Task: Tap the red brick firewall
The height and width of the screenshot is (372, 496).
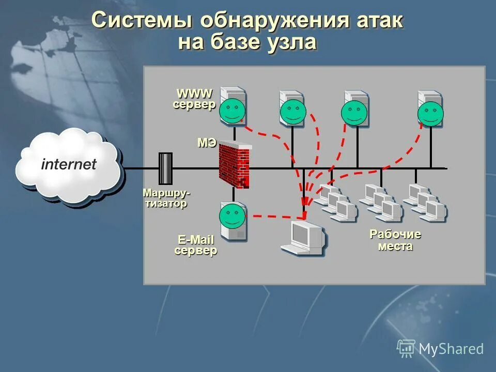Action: pyautogui.click(x=234, y=164)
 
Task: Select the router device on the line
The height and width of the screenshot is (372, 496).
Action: pyautogui.click(x=165, y=168)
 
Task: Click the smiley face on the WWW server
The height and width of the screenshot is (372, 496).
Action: pyautogui.click(x=232, y=110)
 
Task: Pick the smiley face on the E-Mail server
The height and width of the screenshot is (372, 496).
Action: pyautogui.click(x=232, y=216)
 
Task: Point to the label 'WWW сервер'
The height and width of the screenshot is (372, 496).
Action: pyautogui.click(x=194, y=99)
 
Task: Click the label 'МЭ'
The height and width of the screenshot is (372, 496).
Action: pyautogui.click(x=207, y=143)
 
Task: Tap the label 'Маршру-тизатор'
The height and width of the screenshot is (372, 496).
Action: pyautogui.click(x=166, y=198)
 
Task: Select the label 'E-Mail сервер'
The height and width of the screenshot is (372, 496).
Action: pyautogui.click(x=196, y=245)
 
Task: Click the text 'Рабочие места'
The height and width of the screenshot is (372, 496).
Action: pyautogui.click(x=395, y=240)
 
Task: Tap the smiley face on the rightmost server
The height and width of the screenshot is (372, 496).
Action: pyautogui.click(x=430, y=114)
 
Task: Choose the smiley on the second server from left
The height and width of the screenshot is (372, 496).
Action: pyautogui.click(x=293, y=112)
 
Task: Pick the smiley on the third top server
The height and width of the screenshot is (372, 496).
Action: pyautogui.click(x=354, y=113)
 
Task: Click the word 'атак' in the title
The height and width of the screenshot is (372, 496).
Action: pyautogui.click(x=380, y=22)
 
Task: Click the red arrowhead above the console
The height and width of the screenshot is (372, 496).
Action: pyautogui.click(x=305, y=202)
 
